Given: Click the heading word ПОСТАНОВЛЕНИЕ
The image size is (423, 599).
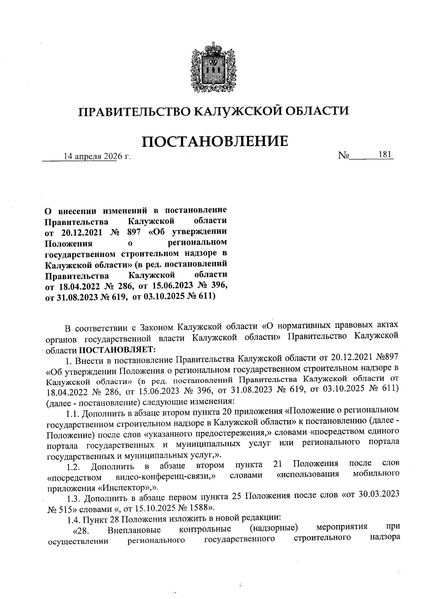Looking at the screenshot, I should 215,141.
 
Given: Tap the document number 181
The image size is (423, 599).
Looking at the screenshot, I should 385,155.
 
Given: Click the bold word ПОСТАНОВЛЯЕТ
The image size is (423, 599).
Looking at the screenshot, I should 117,350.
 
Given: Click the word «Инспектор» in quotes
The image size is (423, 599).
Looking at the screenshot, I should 125,488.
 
